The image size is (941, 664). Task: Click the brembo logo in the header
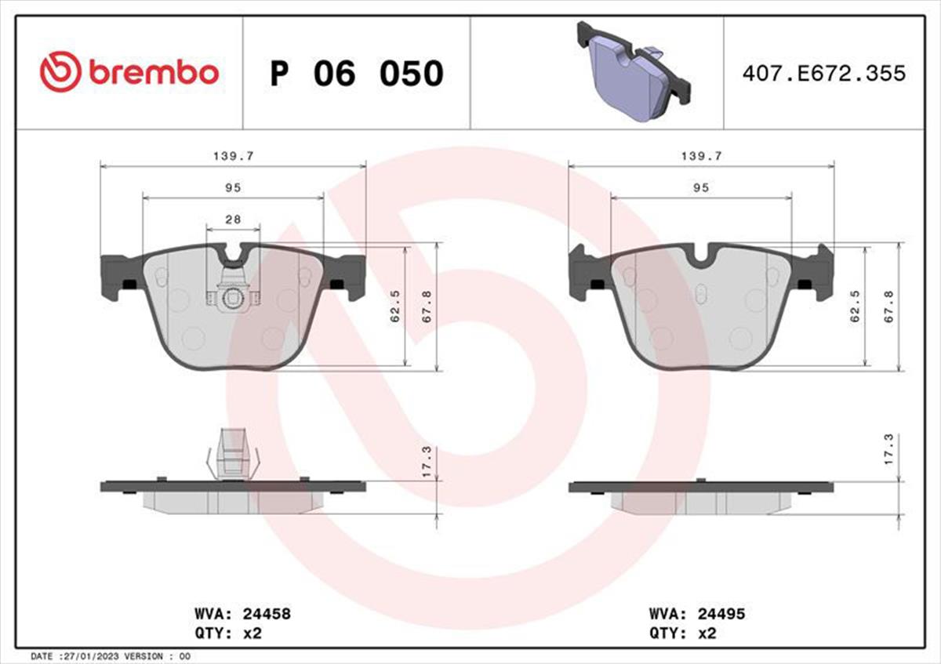coord(129,72)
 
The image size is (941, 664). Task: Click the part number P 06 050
coord(357,74)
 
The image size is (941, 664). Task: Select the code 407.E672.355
coord(824,74)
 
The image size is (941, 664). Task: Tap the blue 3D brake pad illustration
coord(634,71)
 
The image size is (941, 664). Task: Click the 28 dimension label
coord(233,220)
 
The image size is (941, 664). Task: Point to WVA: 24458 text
coord(242,614)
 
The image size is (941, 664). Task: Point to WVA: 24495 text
coord(697,614)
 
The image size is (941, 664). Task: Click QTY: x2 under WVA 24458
coord(228,633)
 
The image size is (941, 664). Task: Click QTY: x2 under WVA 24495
coord(683,633)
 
